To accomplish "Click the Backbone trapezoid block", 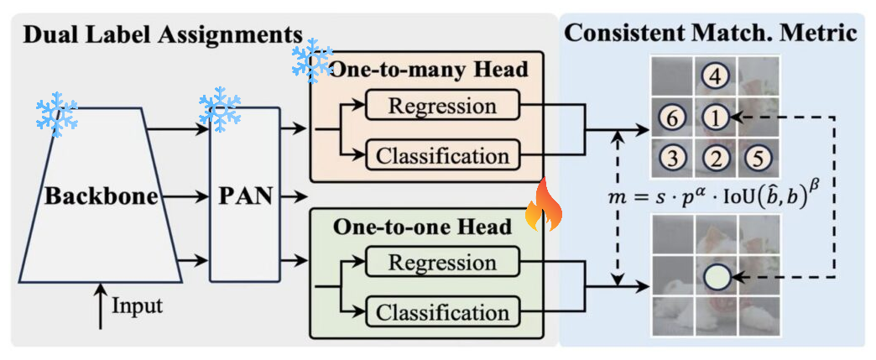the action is (101, 196).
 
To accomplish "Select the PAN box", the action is (244, 196).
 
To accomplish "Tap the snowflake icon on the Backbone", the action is (56, 117).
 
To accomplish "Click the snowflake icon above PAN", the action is (220, 109).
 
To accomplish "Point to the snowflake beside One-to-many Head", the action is (313, 60).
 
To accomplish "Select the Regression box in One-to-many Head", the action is (442, 105).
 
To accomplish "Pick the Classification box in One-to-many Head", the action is (442, 155).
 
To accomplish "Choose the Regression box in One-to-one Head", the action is (442, 262).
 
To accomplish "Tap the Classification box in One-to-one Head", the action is (442, 311).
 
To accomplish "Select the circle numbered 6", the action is (673, 118).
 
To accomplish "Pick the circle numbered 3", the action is (673, 159).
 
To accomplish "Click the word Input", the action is (138, 307).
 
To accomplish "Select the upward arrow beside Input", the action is (101, 306).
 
